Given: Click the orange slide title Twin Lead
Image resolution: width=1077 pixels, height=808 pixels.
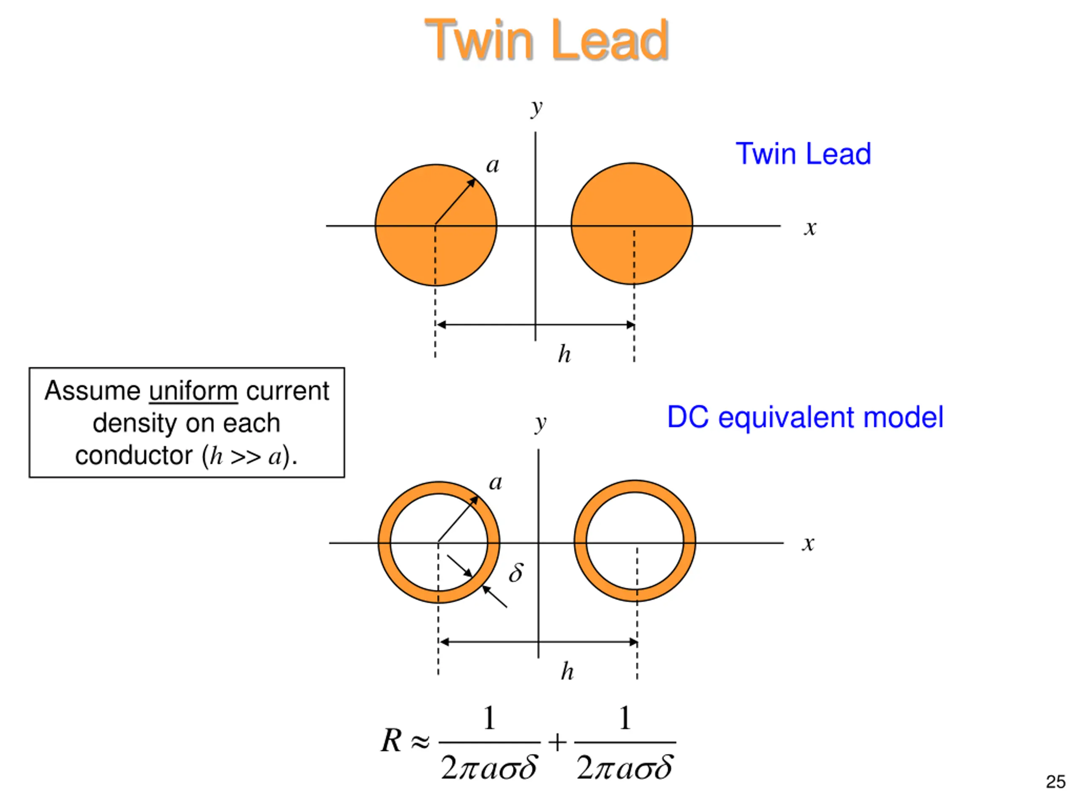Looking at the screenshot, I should [x=546, y=40].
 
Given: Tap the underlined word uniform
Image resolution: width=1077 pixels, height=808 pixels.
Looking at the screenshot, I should [x=193, y=391].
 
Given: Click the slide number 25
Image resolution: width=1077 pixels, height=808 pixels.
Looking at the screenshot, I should [x=1055, y=782].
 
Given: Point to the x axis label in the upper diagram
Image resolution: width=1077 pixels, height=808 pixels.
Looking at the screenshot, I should [x=810, y=228].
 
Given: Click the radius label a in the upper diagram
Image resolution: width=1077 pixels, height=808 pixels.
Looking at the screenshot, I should [x=493, y=165].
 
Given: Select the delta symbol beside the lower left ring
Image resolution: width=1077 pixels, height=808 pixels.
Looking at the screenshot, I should [x=516, y=572].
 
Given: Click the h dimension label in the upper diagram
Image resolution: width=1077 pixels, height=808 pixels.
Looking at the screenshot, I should [x=564, y=354].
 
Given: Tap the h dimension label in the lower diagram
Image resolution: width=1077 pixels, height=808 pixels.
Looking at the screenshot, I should [x=567, y=672].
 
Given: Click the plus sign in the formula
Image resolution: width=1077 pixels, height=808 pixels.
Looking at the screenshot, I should [x=557, y=742].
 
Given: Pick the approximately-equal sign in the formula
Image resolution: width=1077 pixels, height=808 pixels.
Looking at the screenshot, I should [x=420, y=742].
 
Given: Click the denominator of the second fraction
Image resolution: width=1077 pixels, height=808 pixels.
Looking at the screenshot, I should [x=625, y=768].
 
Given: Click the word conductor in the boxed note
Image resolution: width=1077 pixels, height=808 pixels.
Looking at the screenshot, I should [x=134, y=455].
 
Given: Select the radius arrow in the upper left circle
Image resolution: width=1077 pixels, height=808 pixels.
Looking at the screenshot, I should [x=455, y=201].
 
